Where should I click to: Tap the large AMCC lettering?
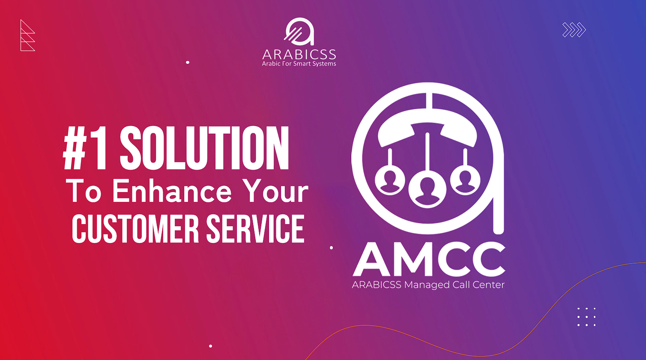429,259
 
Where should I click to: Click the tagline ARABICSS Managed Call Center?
428,285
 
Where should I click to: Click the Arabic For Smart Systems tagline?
299,64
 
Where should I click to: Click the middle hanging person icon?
427,187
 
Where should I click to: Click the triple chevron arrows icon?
574,30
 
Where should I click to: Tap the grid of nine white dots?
586,317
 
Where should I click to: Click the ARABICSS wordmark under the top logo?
299,54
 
